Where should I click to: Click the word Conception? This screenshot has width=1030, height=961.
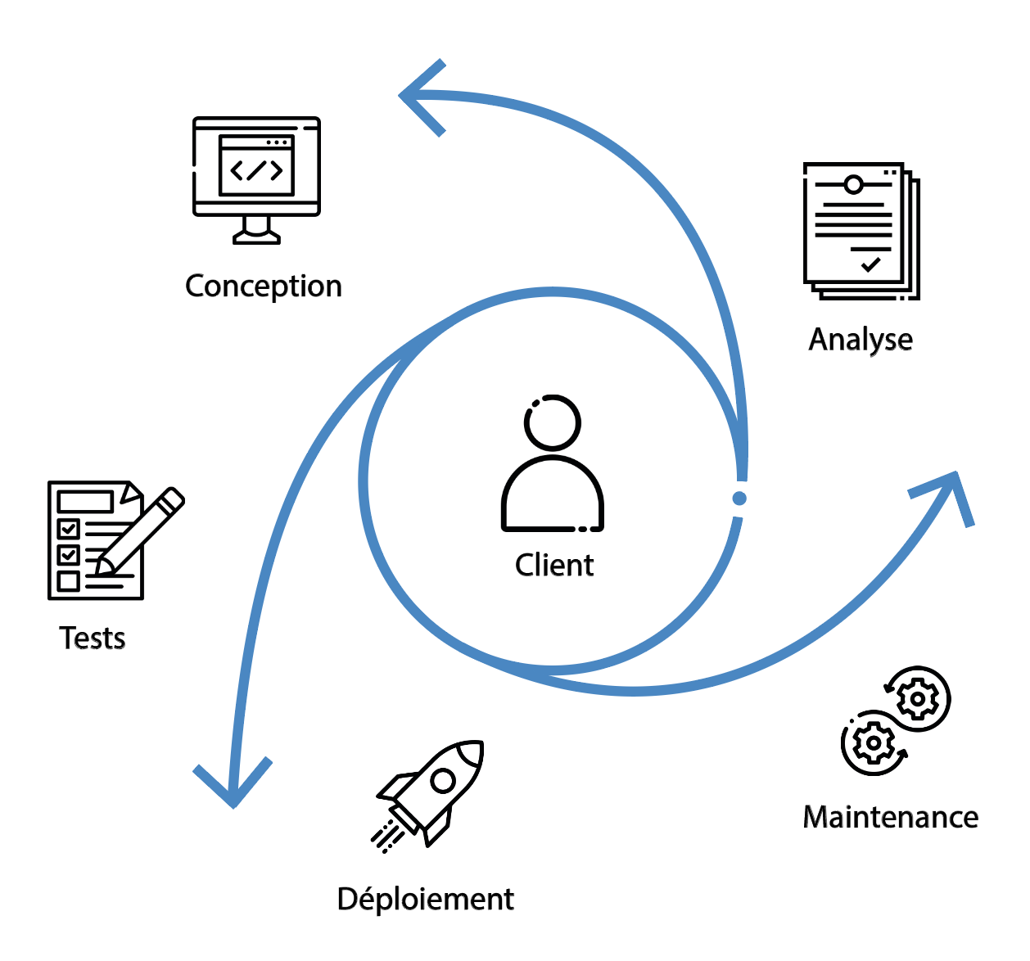coord(263,286)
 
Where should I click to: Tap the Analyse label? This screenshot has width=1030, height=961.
coord(861,340)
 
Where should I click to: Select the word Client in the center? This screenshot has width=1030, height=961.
coord(554,566)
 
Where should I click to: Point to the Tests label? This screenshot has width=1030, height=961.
coord(93,638)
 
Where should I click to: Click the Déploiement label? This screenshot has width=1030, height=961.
coord(425,900)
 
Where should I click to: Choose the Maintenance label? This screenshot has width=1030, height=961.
coord(891,818)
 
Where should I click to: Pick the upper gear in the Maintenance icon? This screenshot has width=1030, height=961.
coord(918,699)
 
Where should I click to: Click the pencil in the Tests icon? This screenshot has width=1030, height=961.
coord(143,528)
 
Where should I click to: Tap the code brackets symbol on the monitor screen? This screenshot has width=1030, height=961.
coord(256,171)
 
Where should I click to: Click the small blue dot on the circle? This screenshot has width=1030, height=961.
coord(739,499)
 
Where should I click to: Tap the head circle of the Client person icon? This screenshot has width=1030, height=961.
coord(553,422)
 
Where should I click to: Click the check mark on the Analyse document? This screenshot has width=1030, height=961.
coord(871,264)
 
